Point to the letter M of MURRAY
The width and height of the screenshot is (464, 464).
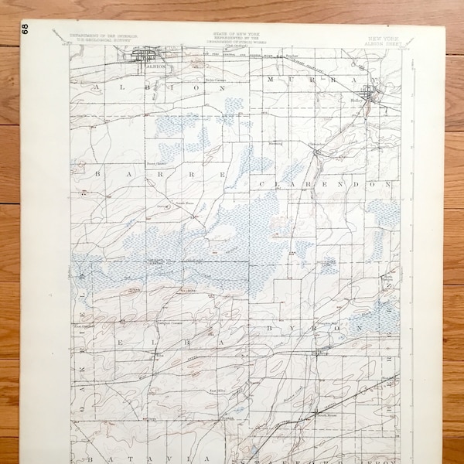tap(270, 80)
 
